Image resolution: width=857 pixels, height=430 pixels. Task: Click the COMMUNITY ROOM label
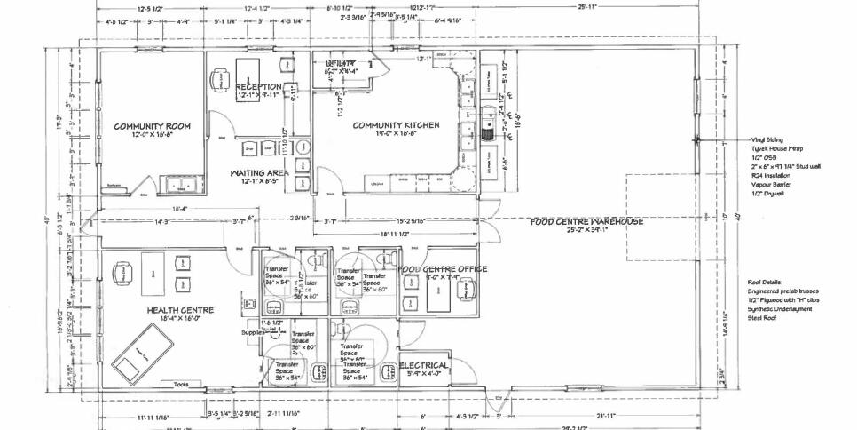click(152, 126)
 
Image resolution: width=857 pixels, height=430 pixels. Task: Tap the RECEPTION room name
click(258, 86)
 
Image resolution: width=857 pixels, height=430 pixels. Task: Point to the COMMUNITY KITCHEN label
click(396, 125)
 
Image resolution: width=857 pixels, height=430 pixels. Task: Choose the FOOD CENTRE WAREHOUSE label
click(586, 221)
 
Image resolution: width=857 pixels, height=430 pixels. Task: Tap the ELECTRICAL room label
click(424, 366)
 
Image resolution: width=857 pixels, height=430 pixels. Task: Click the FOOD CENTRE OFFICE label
click(442, 268)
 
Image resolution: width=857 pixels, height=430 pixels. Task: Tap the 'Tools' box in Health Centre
click(182, 384)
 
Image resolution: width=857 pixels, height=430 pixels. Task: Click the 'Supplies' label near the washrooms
click(254, 332)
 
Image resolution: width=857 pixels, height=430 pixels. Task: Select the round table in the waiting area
click(303, 150)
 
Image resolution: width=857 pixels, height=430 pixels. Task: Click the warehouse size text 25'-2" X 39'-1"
click(586, 230)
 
